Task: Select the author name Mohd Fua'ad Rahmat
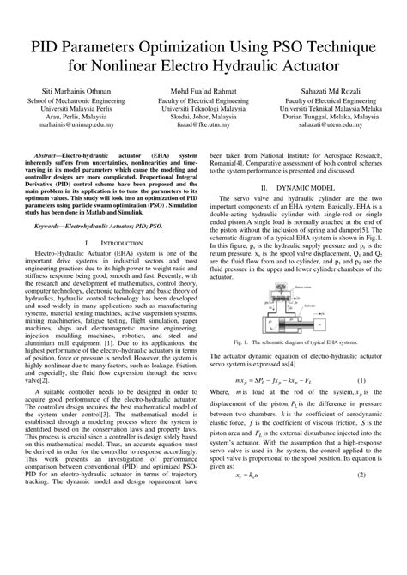click(x=203, y=90)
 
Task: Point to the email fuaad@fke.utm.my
click(x=203, y=124)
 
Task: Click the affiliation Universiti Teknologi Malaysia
click(x=203, y=107)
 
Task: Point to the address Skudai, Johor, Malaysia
click(x=203, y=116)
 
